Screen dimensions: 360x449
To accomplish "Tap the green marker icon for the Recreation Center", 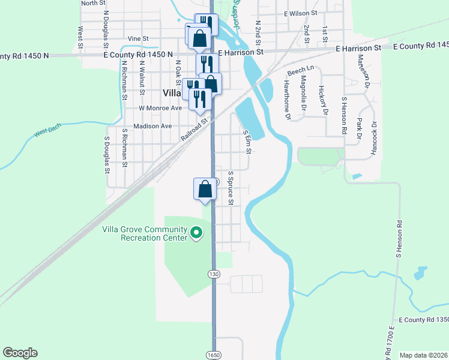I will (196, 232).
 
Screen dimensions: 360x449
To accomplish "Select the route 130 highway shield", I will (213, 274).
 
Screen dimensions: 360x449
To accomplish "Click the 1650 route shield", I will (213, 355).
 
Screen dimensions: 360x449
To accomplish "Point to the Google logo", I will (20, 353).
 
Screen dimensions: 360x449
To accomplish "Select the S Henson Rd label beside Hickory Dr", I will (344, 115).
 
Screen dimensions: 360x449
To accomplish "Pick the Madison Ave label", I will (152, 126).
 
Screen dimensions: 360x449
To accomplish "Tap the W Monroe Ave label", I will (160, 108).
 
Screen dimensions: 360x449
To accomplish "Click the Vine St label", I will (138, 38).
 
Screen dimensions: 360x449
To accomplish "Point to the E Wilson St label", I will (300, 13).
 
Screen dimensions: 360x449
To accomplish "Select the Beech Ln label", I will (301, 72).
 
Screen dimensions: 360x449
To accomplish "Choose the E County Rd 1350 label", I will (423, 320).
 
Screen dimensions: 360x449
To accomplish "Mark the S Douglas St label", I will (107, 155).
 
